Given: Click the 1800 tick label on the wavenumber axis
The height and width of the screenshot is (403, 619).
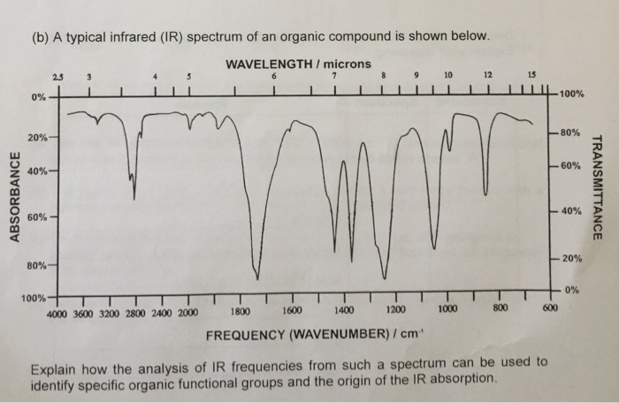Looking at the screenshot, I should click(x=240, y=311).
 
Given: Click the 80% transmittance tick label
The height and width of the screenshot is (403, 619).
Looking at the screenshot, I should click(x=569, y=133).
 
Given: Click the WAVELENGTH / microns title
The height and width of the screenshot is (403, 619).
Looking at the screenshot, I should click(x=299, y=65).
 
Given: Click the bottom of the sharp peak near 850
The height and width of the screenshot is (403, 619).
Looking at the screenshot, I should click(x=485, y=191).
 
